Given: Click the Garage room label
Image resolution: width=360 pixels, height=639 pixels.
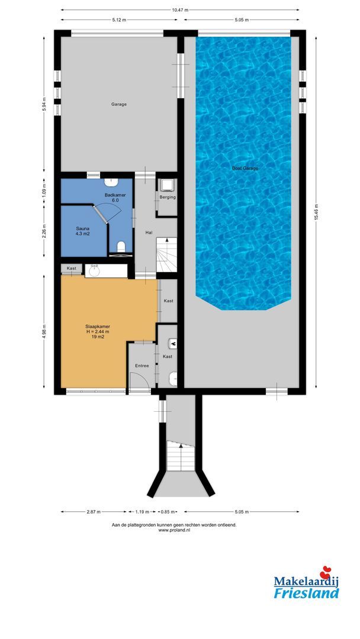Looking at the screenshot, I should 119,104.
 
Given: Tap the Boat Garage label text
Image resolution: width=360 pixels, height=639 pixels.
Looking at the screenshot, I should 245,169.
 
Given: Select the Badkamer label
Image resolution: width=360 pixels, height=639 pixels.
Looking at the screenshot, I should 111,198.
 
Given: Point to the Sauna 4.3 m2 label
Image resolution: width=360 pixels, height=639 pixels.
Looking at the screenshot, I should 82,231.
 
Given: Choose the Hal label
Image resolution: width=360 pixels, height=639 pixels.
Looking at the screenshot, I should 149,233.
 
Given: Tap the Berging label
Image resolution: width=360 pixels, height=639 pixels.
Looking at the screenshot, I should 167,197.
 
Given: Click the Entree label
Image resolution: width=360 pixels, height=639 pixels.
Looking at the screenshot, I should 142,366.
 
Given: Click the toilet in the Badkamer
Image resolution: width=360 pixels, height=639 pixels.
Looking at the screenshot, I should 121,246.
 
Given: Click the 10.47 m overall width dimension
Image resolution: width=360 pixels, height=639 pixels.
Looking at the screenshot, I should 180,10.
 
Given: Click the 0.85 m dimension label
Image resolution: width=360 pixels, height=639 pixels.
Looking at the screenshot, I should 169,511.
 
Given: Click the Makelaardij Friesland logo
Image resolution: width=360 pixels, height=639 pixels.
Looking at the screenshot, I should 306,584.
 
